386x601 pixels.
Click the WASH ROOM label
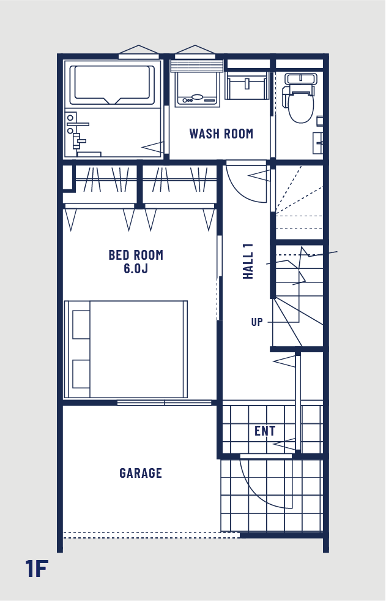[x=221, y=134]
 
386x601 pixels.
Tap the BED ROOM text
[x=136, y=255]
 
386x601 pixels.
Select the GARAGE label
[x=141, y=473]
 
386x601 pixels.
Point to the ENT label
[x=265, y=431]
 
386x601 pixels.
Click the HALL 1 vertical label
[x=248, y=261]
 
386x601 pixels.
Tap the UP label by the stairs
[x=257, y=322]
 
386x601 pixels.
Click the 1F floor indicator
[x=37, y=569]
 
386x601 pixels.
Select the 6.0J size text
[x=136, y=268]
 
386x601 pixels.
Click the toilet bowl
[x=301, y=105]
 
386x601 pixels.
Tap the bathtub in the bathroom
[x=112, y=85]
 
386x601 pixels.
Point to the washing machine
[x=197, y=89]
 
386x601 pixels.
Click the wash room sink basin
[x=246, y=85]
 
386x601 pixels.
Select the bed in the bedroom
[x=126, y=349]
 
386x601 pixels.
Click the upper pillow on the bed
[x=81, y=324]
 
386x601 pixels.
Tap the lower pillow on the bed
[x=81, y=374]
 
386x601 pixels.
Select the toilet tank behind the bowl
[x=302, y=79]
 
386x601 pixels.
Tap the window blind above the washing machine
[x=196, y=66]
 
